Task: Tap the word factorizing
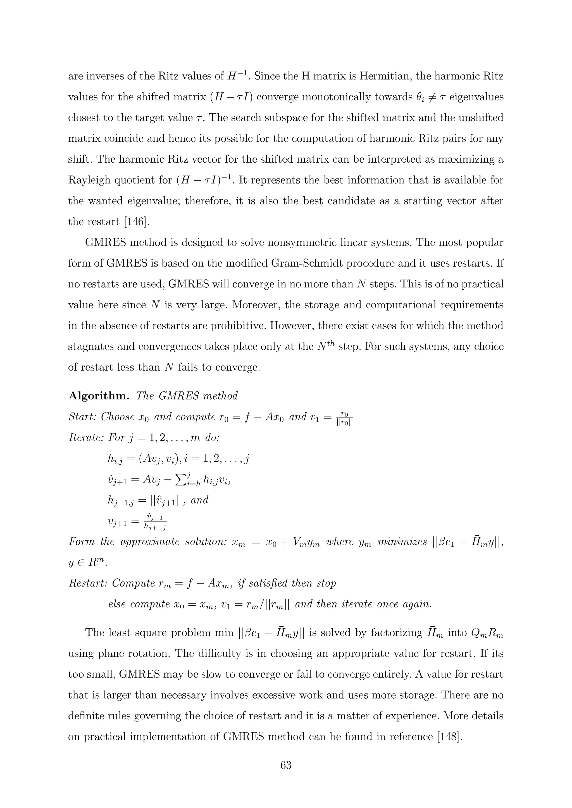click(x=391, y=633)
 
